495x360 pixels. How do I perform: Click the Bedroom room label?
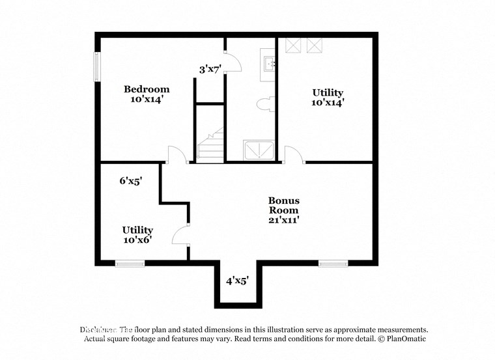click(147, 89)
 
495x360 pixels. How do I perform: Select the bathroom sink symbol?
click(269, 63)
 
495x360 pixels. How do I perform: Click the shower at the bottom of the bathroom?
click(259, 150)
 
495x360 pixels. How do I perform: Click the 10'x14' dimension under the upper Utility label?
click(328, 102)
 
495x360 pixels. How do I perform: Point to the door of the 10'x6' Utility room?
click(180, 233)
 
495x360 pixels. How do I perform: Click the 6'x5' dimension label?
click(131, 182)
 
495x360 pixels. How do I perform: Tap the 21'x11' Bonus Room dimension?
click(284, 220)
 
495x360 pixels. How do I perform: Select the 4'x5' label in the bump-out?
click(237, 281)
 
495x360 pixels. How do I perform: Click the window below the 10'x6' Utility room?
click(130, 263)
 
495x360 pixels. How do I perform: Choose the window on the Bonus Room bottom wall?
click(333, 263)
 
